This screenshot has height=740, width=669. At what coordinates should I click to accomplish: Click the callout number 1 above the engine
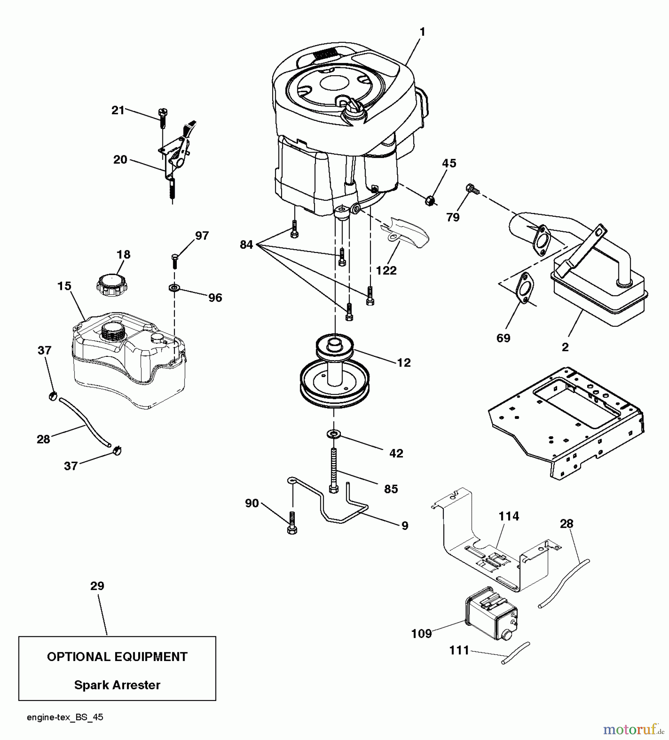point(422,32)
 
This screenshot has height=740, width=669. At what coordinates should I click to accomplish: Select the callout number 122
point(386,271)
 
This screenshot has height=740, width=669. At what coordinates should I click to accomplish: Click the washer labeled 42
point(333,434)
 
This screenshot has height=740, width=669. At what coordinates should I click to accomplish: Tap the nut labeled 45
point(430,201)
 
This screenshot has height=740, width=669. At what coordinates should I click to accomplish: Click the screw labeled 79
point(472,190)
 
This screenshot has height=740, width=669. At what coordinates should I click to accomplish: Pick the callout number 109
point(421,634)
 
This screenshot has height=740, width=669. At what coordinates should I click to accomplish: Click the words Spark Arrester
point(117,685)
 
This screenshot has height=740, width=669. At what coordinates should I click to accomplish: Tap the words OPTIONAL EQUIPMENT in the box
point(117,657)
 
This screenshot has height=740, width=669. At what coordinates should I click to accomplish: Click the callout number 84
point(246,245)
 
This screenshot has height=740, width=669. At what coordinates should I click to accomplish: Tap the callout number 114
point(509,516)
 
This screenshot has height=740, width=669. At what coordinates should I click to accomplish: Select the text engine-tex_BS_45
point(65,717)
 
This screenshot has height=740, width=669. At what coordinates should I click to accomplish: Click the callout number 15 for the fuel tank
point(64,286)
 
